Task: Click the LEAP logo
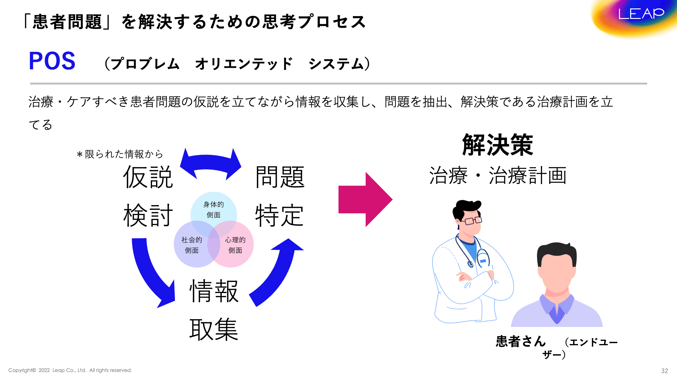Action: [641, 14]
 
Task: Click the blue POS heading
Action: [52, 61]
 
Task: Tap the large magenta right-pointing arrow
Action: [365, 200]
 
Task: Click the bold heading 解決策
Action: [497, 145]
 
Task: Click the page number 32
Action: [664, 371]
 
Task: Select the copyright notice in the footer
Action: [70, 370]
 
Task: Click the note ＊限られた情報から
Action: [120, 154]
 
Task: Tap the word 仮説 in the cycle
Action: [148, 177]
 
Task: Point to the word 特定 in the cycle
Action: [279, 216]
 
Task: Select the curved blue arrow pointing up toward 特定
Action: [276, 273]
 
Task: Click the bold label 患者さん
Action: [521, 341]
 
